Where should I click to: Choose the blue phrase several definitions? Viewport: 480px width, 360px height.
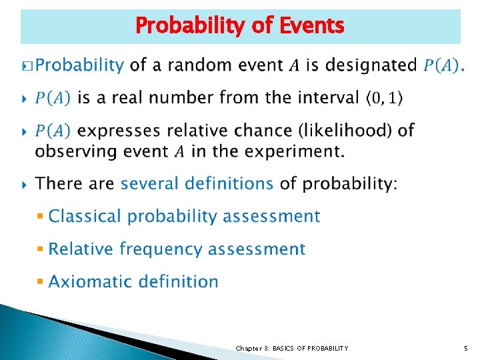coord(197,183)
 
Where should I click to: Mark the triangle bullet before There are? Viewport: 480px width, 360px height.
coord(25,183)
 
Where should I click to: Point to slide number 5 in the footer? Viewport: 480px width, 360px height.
coord(466,348)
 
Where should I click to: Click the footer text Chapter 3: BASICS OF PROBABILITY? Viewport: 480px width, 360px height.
coord(291,348)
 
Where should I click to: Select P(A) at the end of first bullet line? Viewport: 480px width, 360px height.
coord(442,65)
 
